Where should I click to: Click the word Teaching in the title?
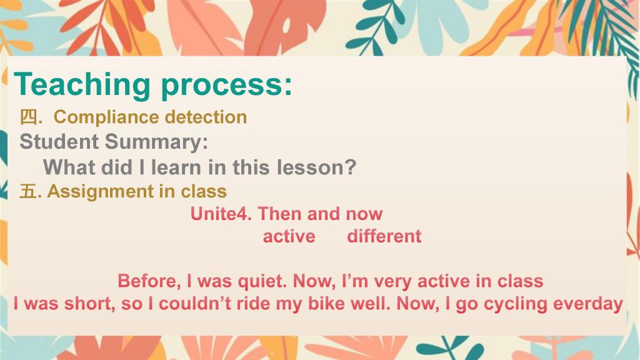pos(82,85)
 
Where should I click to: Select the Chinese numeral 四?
pos(29,117)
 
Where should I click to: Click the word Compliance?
pos(106,117)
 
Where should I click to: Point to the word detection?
pos(206,117)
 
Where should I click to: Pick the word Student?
pos(59,142)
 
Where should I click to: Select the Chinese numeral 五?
pos(28,191)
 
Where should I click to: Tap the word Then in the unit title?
pos(278,214)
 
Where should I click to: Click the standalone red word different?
pos(384,236)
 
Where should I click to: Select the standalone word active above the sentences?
pos(289,237)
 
